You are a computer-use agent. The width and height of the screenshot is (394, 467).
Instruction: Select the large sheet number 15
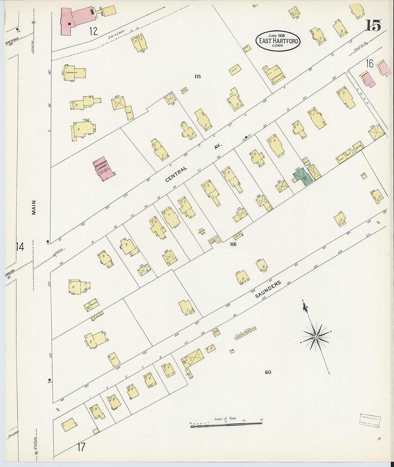373,26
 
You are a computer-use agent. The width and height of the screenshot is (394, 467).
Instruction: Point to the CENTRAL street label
176,174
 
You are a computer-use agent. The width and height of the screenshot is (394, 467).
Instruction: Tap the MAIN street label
34,207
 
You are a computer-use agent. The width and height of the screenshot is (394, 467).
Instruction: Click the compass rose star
316,337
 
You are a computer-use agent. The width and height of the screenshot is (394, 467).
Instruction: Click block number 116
233,244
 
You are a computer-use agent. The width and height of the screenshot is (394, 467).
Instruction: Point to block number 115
198,76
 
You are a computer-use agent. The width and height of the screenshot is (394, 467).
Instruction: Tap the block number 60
268,372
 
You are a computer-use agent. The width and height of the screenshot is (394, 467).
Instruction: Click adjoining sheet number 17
81,447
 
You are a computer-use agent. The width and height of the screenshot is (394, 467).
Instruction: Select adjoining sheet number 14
20,247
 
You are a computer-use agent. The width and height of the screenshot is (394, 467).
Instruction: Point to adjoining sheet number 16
370,63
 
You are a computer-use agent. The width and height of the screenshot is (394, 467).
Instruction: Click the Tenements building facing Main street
75,72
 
